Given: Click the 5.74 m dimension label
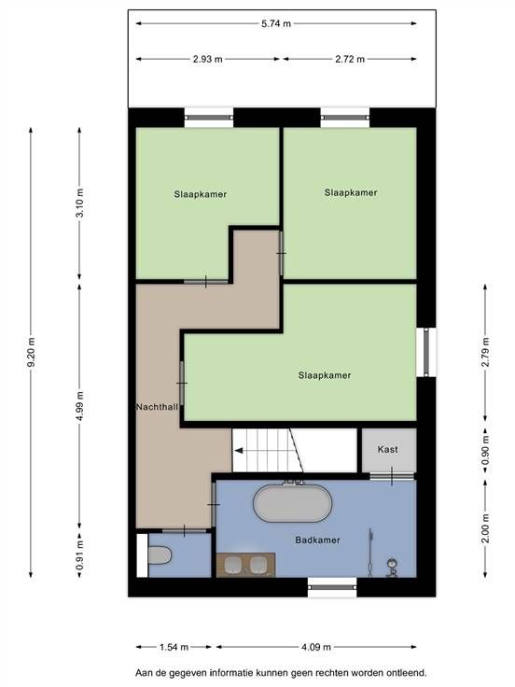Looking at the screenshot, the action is [276, 23].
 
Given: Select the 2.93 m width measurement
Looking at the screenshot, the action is [207, 59].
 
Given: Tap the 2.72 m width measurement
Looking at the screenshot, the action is [350, 59].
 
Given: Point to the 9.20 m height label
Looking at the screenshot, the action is [31, 352].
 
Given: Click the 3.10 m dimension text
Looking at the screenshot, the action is [79, 203].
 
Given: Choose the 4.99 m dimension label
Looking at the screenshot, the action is [79, 406].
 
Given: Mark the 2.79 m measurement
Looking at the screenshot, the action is [485, 352].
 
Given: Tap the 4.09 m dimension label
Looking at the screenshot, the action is [316, 647].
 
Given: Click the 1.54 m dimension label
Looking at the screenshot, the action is [174, 647].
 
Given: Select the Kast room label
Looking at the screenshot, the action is [387, 450].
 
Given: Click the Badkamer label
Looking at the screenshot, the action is [317, 540].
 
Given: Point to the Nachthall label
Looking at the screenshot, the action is [157, 407].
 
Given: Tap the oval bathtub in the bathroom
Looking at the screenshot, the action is [293, 503].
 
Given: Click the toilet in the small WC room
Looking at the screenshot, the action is [159, 556].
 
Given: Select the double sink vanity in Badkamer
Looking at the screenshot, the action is [245, 565].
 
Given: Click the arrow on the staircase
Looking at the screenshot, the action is [239, 451].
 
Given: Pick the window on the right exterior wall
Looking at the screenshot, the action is [426, 352].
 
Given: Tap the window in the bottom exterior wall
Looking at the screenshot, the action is [332, 587].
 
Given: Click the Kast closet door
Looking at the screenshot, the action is [392, 476].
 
